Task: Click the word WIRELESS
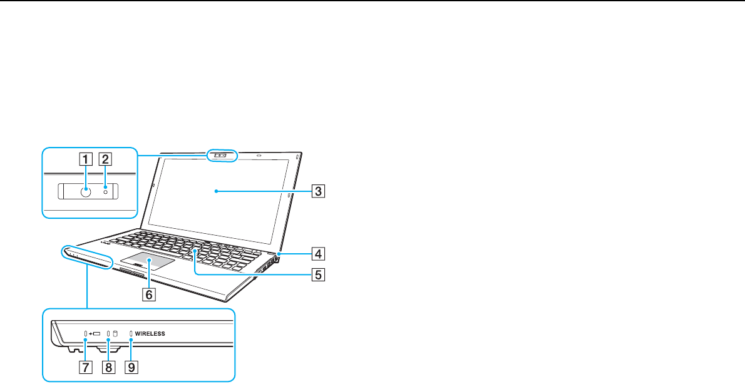pyautogui.click(x=150, y=334)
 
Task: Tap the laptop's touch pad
pyautogui.click(x=148, y=261)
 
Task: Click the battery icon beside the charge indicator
pyautogui.click(x=96, y=334)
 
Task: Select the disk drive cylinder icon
pyautogui.click(x=115, y=334)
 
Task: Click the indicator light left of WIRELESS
pyautogui.click(x=131, y=334)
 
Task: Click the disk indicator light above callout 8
pyautogui.click(x=108, y=334)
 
